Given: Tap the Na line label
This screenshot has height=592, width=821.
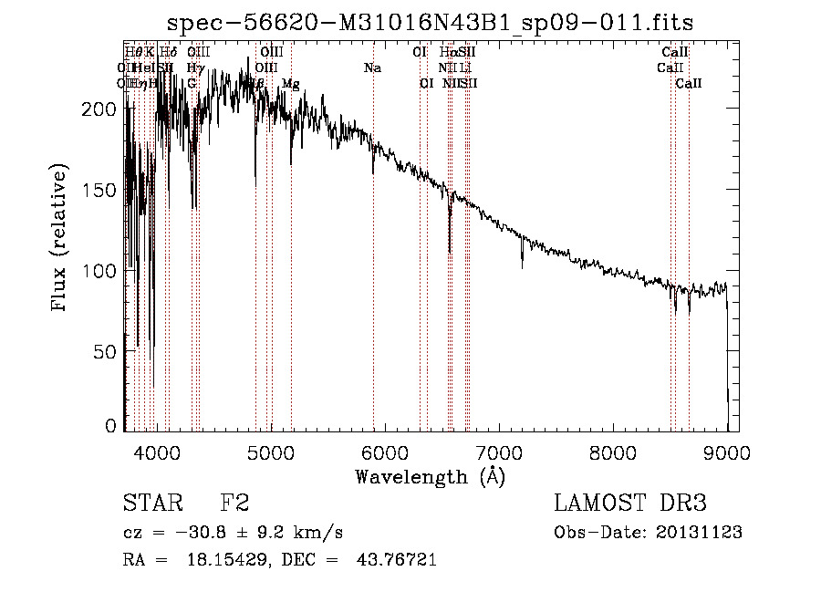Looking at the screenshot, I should [x=372, y=68].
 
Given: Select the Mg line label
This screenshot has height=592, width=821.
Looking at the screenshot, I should [x=290, y=83].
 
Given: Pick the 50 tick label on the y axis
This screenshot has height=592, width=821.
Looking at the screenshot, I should [x=105, y=351].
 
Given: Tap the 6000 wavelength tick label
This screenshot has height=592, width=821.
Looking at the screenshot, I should [x=385, y=452].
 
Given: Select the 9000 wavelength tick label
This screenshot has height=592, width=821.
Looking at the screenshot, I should [x=727, y=452].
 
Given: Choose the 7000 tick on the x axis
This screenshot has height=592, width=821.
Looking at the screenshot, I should [x=499, y=452].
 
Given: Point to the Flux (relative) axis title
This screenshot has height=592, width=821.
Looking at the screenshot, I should [x=61, y=239].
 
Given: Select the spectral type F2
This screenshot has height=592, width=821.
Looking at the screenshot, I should [x=234, y=504].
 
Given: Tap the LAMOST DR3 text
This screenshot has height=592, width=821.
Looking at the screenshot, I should [x=630, y=504].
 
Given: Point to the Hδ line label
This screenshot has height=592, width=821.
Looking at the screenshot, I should [x=169, y=52].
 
